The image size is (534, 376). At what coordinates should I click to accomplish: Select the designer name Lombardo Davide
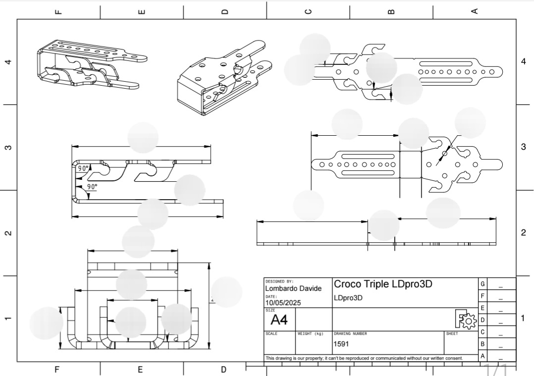[293, 288]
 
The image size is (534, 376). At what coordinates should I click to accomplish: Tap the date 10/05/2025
[283, 303]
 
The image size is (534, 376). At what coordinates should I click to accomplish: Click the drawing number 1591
[341, 343]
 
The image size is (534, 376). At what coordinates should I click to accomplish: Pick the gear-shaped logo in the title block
[467, 320]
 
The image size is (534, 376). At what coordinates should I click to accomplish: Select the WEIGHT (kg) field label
[309, 334]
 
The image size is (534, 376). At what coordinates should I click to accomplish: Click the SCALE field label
[271, 334]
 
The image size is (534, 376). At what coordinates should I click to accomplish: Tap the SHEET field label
[452, 334]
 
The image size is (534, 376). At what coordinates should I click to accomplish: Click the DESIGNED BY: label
[279, 281]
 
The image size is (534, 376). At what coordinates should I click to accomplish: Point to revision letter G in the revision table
[482, 284]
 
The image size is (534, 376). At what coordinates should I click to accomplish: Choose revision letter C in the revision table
[482, 332]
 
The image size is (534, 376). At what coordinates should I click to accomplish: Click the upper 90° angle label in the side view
[83, 168]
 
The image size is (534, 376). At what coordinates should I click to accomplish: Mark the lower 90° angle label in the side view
[92, 187]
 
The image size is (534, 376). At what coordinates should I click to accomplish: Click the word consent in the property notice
[452, 358]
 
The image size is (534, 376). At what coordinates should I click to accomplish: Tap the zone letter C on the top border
[308, 11]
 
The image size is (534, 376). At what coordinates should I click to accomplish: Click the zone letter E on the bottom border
[141, 369]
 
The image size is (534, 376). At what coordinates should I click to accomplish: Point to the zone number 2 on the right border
[524, 233]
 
